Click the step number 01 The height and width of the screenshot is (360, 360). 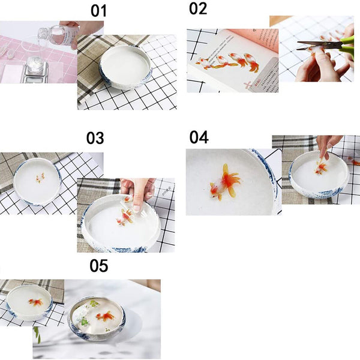[x=99, y=11]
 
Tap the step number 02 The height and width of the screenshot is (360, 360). [x=198, y=9]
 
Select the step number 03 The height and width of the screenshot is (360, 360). [x=95, y=138]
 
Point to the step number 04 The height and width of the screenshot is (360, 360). [x=199, y=137]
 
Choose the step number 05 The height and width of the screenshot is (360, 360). [x=99, y=266]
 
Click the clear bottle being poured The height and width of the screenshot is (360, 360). [x=59, y=35]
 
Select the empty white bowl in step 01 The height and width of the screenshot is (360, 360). [x=126, y=67]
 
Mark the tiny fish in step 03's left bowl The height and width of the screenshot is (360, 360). [x=40, y=178]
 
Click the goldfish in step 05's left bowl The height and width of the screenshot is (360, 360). [x=36, y=302]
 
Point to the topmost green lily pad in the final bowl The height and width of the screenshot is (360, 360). [x=94, y=303]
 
